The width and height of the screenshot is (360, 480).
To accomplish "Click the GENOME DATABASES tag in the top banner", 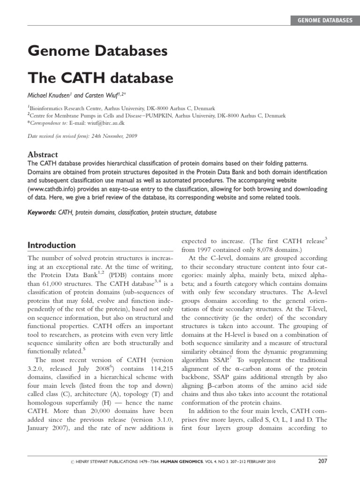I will [x=324, y=20].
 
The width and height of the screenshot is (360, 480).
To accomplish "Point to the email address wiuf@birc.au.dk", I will [x=104, y=123].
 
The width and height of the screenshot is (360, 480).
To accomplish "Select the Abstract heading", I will [x=43, y=154].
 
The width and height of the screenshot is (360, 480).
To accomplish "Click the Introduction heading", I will [x=52, y=245].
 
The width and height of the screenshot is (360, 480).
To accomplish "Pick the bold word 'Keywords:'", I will [x=42, y=212].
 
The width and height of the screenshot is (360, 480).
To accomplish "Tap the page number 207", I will [x=322, y=461].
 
